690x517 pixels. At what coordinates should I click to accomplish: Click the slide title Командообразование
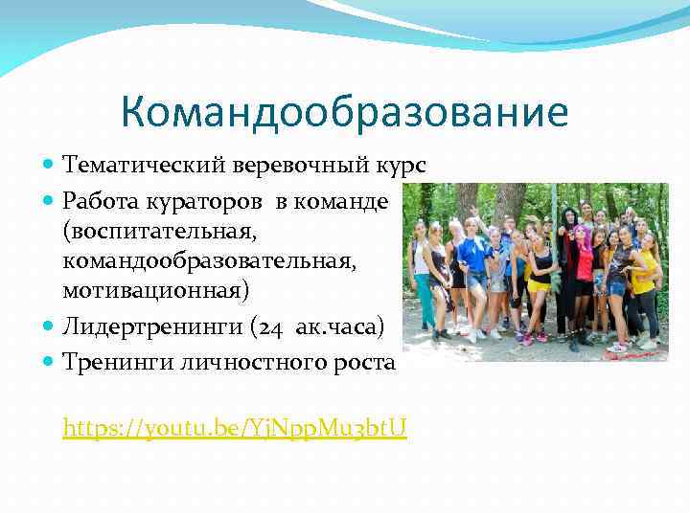click(x=344, y=113)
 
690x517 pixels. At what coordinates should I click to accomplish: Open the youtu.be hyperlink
click(x=235, y=427)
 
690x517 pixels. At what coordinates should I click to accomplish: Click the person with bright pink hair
click(x=584, y=273)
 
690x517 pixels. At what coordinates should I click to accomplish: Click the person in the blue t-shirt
click(x=473, y=273)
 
